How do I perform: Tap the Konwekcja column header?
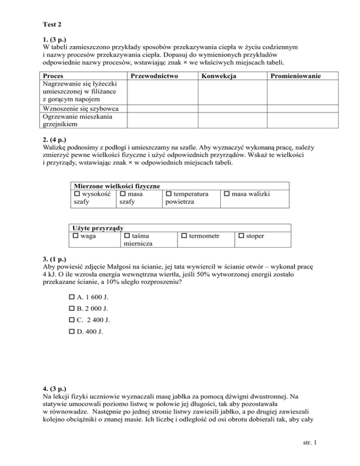(x=218, y=75)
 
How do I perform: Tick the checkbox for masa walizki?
(x=226, y=193)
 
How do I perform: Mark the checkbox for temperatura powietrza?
(x=169, y=193)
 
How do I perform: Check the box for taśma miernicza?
(x=127, y=236)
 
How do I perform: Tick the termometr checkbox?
(x=184, y=236)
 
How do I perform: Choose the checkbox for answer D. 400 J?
(x=71, y=333)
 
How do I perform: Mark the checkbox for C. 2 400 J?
(x=71, y=321)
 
